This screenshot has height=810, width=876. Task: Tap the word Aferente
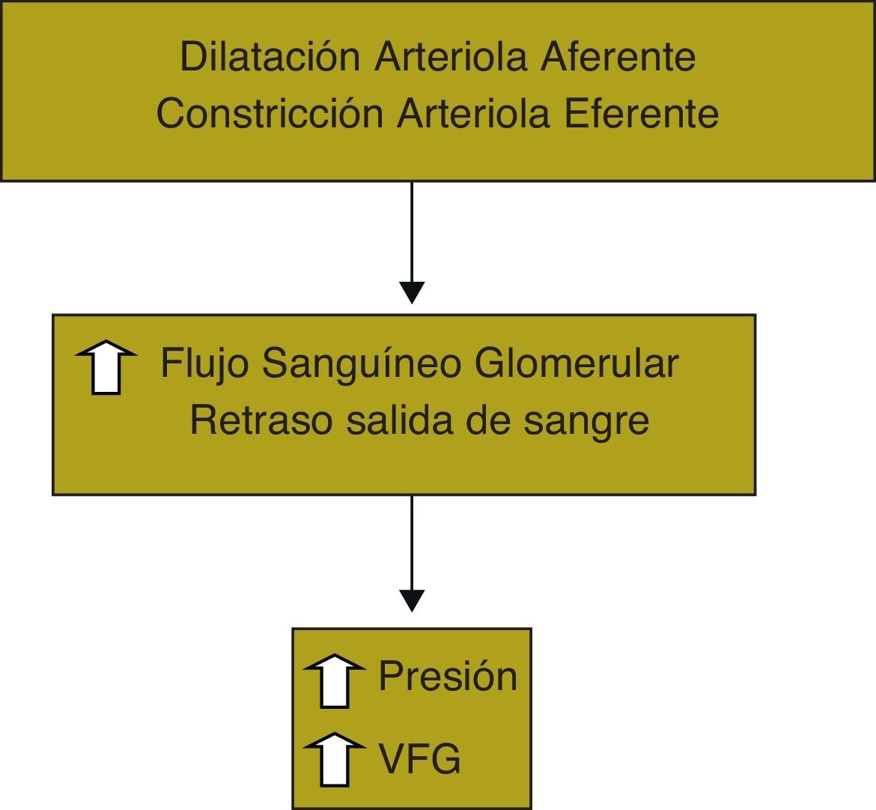tap(618, 57)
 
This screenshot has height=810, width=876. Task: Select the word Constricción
tap(270, 113)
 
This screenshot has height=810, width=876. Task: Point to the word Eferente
tap(641, 113)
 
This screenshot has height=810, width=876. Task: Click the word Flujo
tap(204, 365)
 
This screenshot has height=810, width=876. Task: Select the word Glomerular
tap(577, 363)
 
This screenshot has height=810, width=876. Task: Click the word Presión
tap(448, 676)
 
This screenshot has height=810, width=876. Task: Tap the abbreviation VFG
tap(419, 758)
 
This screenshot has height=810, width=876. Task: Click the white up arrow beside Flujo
tap(106, 367)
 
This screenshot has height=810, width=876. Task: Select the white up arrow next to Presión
tap(335, 680)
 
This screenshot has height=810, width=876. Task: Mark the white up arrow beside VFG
tap(335, 759)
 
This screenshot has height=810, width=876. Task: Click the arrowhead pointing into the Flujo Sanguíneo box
tap(412, 291)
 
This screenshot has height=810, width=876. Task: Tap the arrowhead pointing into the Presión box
tap(412, 600)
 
